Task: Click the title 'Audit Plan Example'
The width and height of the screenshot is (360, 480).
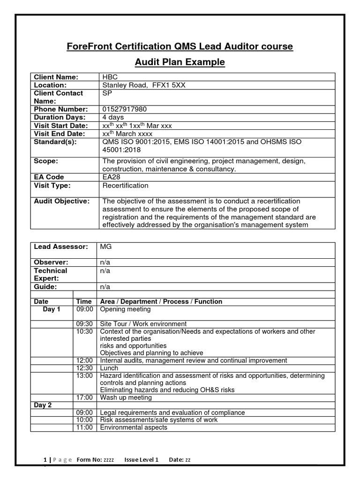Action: click(180, 62)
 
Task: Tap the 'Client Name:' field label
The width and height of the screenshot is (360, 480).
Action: click(56, 77)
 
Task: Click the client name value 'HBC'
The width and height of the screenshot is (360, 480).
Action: click(110, 77)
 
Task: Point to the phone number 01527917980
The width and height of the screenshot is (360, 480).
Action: click(124, 109)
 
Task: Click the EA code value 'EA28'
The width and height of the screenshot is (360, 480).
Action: click(112, 177)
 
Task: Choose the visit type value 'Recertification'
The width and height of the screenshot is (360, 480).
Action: click(125, 185)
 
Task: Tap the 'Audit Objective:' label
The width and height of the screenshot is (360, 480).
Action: click(61, 201)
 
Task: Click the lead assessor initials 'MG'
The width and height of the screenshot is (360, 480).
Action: click(106, 247)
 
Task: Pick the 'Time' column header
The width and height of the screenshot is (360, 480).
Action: click(84, 301)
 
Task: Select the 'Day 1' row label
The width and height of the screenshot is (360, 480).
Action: click(52, 309)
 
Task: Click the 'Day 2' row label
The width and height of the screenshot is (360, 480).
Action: click(43, 405)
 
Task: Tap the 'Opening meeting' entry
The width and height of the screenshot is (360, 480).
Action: click(126, 309)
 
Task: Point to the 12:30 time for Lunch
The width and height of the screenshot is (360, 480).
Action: click(85, 368)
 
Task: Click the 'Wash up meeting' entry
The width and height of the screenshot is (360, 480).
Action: click(126, 397)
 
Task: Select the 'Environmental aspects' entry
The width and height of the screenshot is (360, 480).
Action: click(134, 427)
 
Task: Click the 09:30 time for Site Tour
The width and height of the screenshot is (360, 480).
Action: click(85, 324)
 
